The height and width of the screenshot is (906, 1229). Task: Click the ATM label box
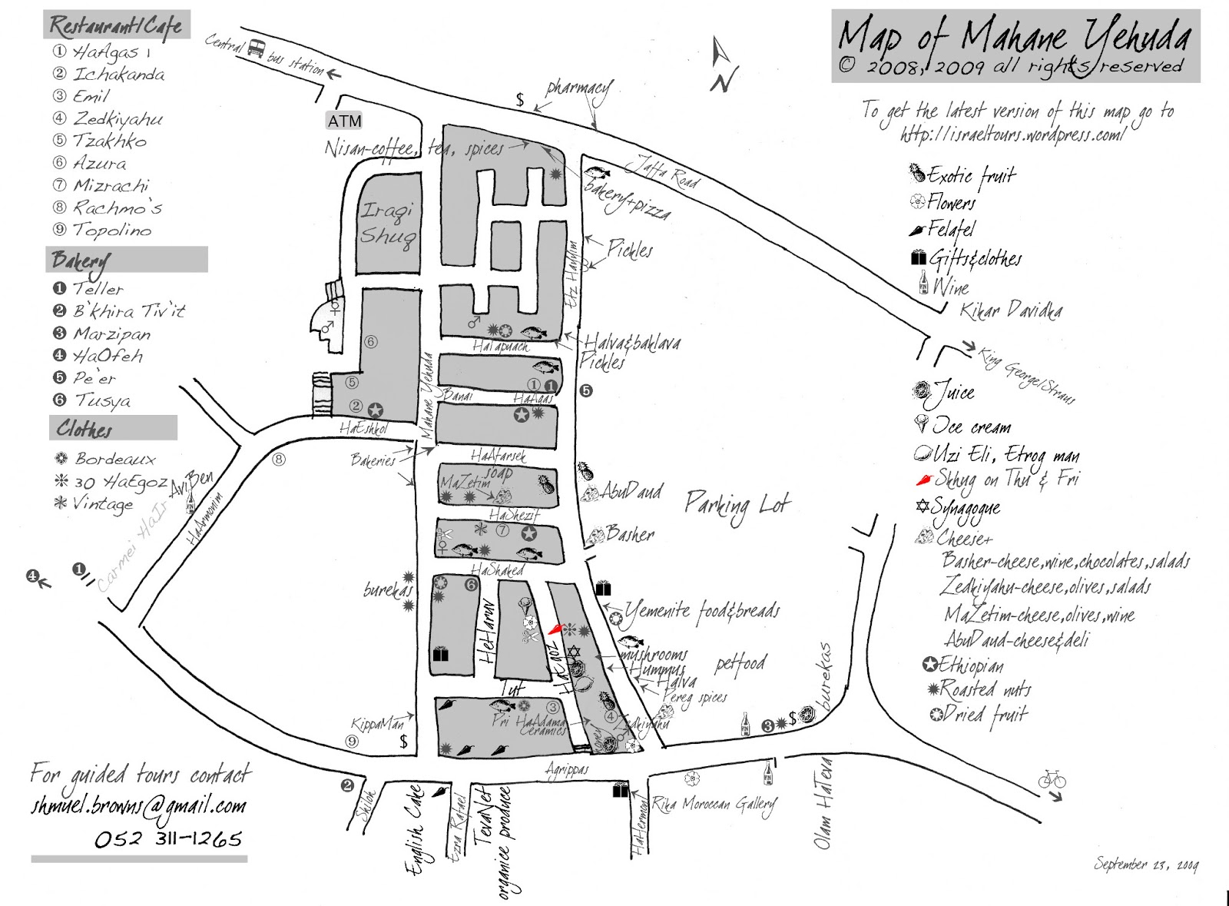click(x=344, y=121)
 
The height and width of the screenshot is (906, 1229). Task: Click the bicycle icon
click(x=1052, y=780)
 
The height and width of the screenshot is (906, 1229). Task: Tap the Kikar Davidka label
click(x=1011, y=311)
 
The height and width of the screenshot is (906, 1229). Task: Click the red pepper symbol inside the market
click(x=555, y=629)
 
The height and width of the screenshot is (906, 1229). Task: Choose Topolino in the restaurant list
click(x=111, y=230)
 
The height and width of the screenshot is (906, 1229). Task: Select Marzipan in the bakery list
click(x=111, y=334)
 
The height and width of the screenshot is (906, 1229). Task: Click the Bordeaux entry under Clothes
click(x=114, y=460)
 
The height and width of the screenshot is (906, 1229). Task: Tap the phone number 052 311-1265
click(x=167, y=838)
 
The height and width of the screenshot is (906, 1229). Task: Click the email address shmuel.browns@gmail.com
click(x=138, y=806)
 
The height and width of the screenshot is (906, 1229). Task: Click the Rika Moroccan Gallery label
click(x=714, y=804)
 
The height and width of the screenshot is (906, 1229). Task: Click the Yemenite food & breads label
click(x=702, y=612)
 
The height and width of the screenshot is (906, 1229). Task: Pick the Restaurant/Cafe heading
click(x=116, y=25)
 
